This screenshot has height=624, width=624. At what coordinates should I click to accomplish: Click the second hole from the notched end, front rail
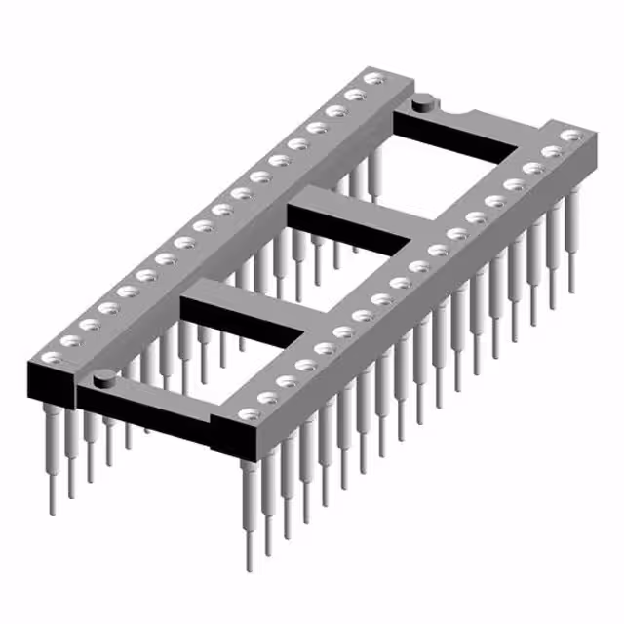point(552,152)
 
